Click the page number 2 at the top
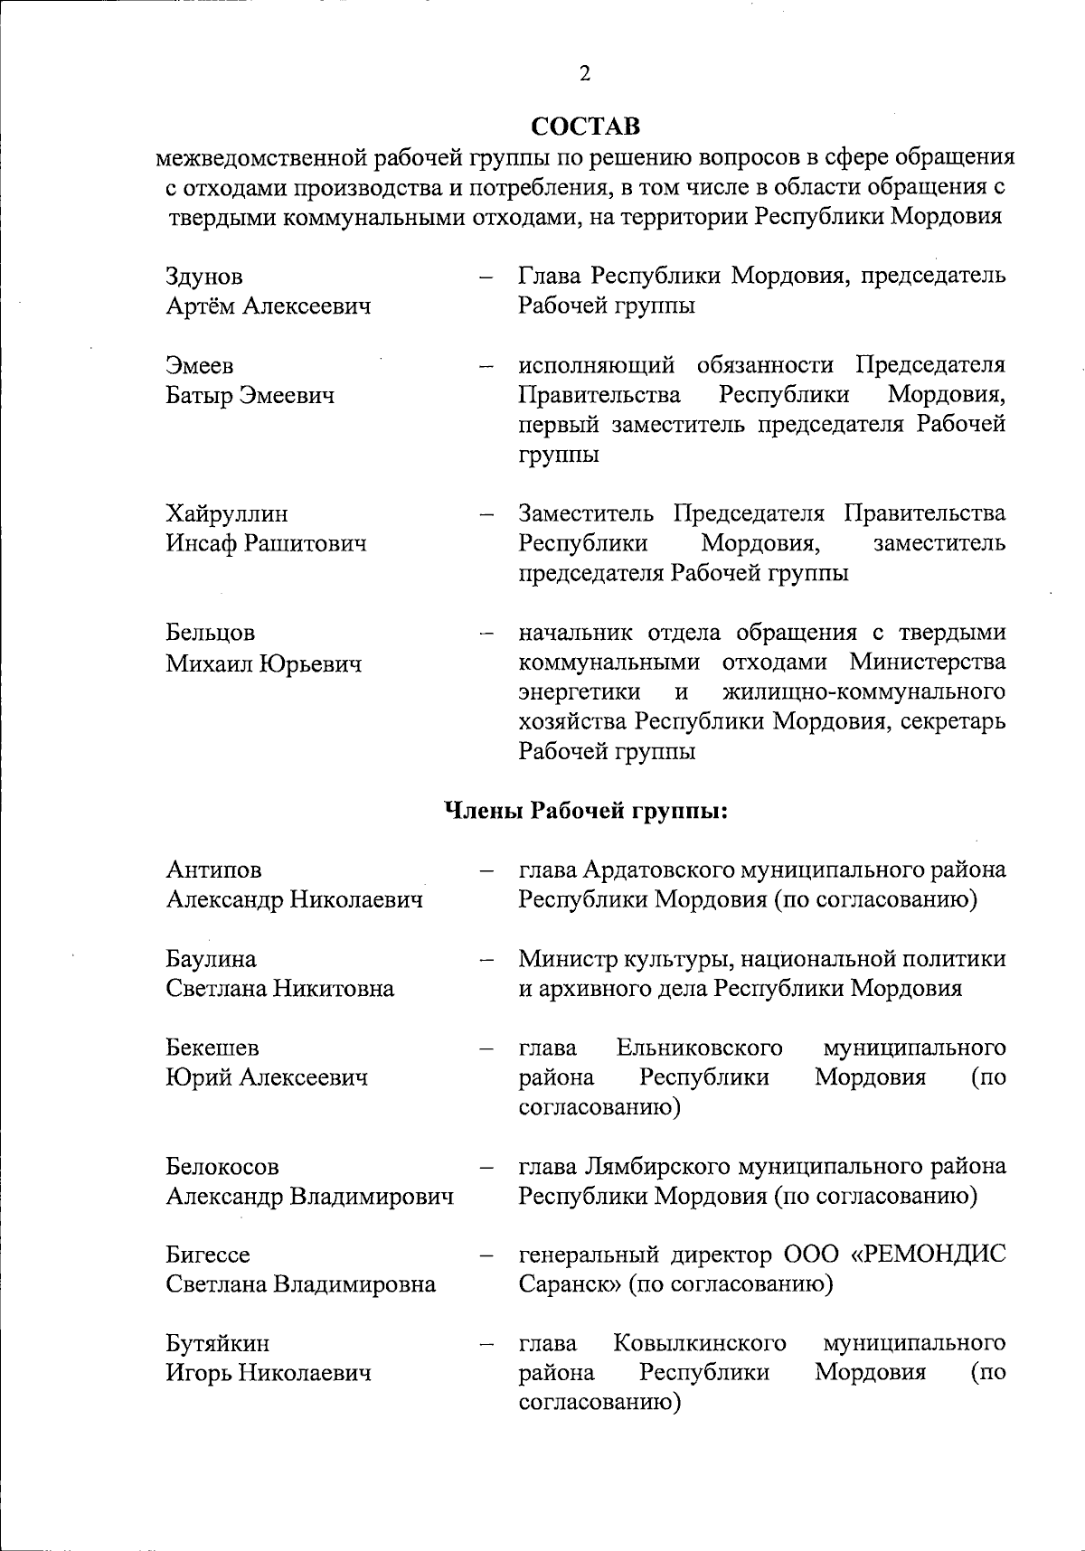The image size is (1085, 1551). [x=585, y=74]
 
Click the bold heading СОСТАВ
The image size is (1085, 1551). [x=585, y=125]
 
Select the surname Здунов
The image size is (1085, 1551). [x=204, y=277]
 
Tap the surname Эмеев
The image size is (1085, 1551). [x=200, y=366]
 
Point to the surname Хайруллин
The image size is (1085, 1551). [x=227, y=514]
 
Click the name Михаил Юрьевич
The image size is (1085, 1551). [x=263, y=664]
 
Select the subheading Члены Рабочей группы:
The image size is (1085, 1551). [x=586, y=810]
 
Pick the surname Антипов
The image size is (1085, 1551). [x=213, y=869]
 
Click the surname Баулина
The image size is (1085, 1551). [x=211, y=959]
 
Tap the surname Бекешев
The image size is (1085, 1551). [x=212, y=1048]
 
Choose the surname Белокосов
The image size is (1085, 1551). [x=222, y=1166]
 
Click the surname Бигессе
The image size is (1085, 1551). [x=208, y=1255]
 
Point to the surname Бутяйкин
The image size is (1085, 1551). [x=217, y=1343]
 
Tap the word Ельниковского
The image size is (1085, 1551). [x=699, y=1048]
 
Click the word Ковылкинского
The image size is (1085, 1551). [x=699, y=1343]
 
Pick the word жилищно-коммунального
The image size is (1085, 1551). [x=864, y=692]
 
